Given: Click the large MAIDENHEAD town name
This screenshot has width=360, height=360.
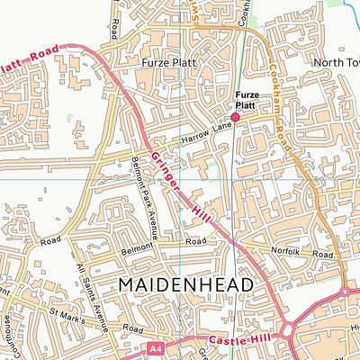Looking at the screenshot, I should tap(184, 285).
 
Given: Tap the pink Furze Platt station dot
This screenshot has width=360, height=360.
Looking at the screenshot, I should tap(236, 116).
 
